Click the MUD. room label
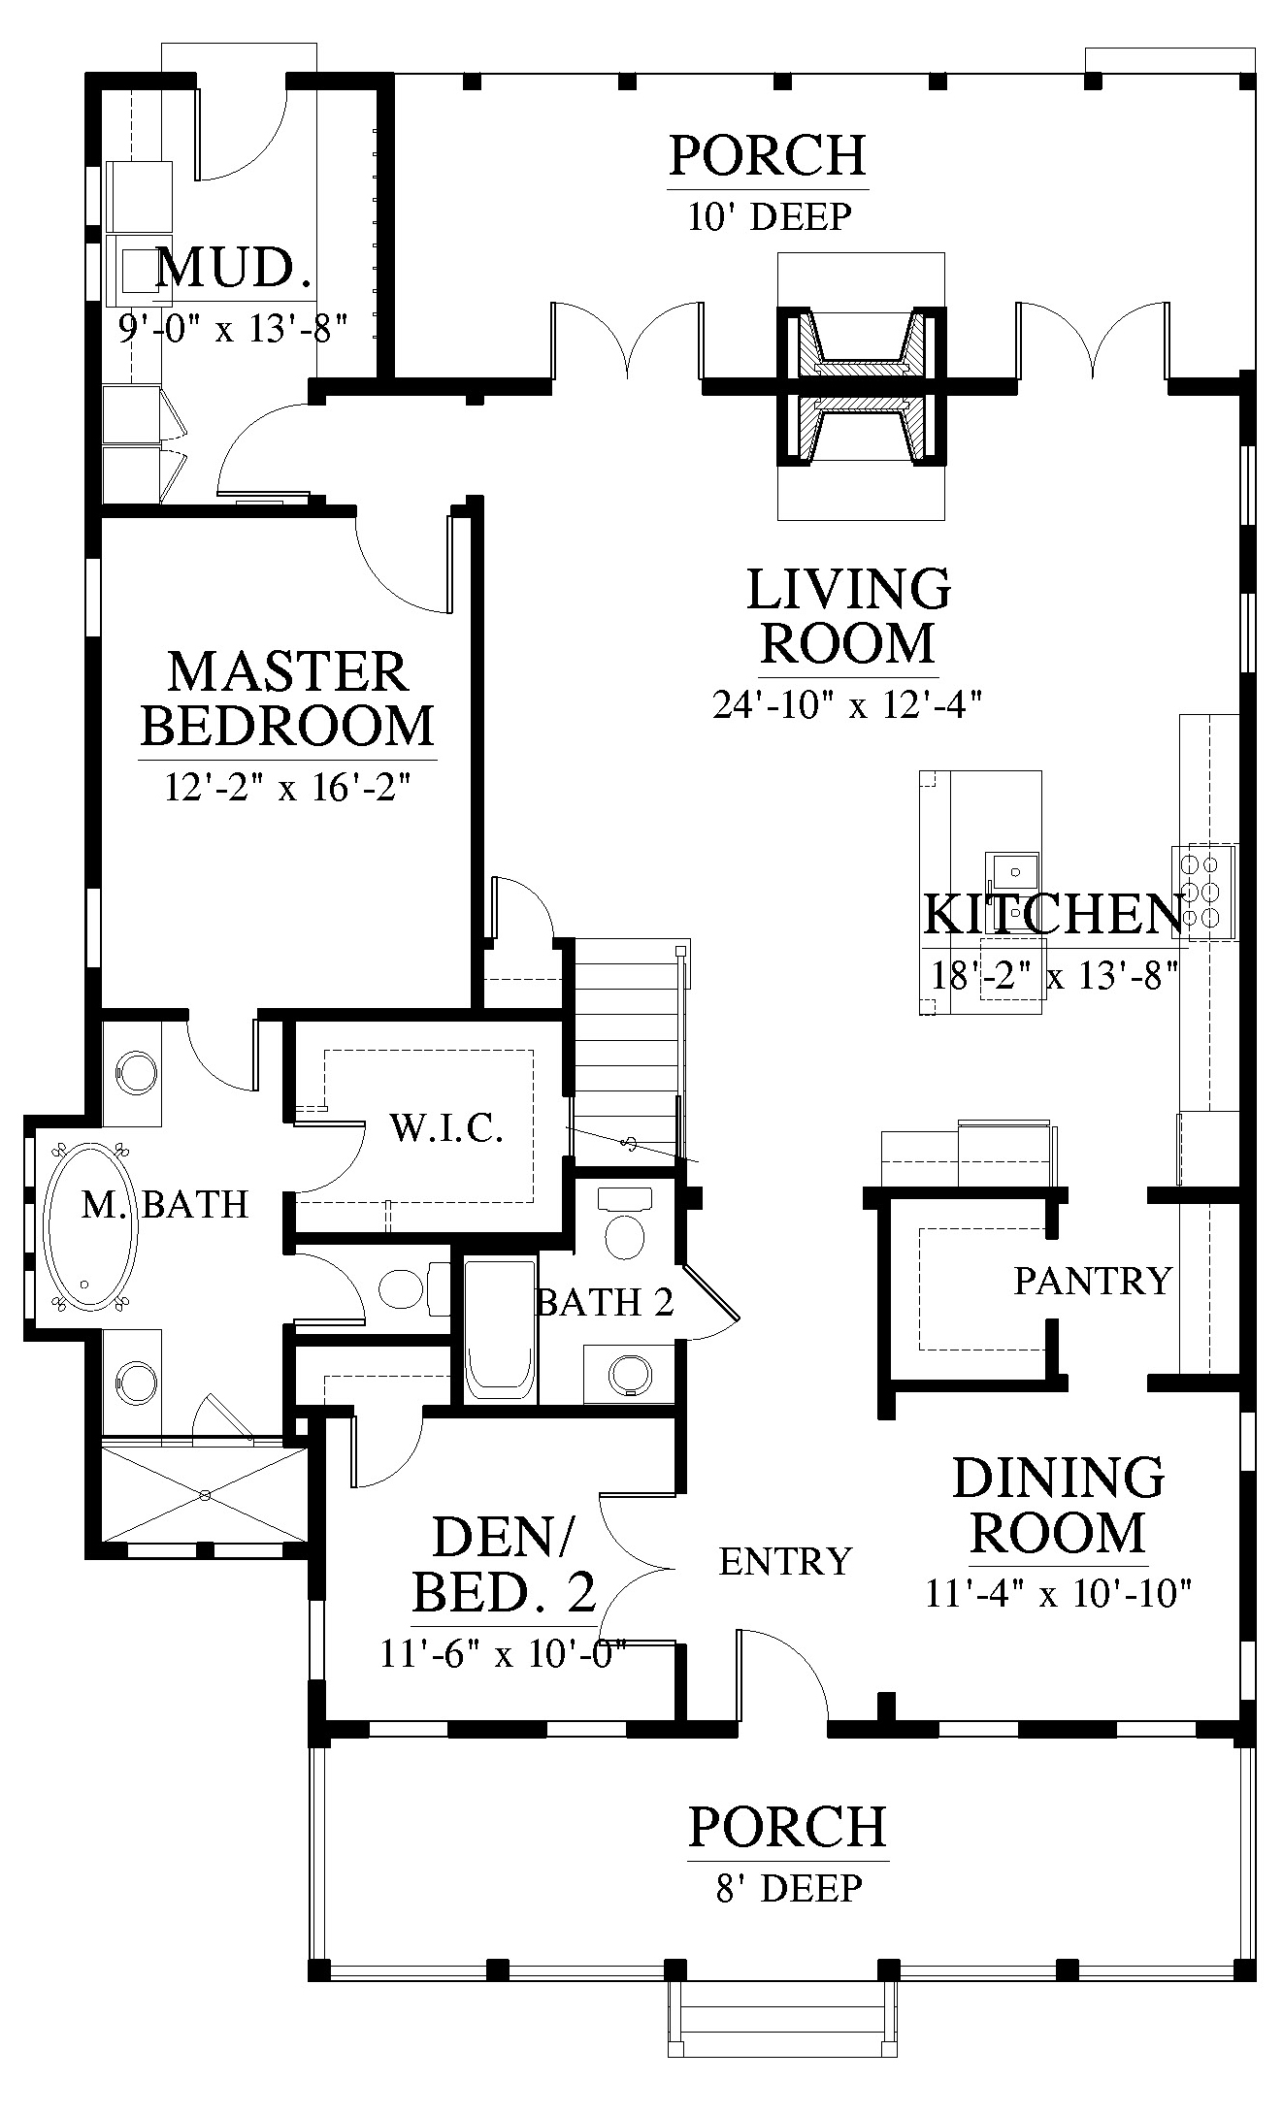click(234, 269)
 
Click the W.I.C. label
click(446, 1128)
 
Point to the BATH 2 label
click(605, 1301)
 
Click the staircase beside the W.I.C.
click(627, 1048)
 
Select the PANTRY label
click(1094, 1281)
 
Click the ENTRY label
click(785, 1561)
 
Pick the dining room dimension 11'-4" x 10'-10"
click(1058, 1594)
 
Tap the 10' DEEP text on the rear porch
click(770, 216)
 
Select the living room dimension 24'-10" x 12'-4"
click(848, 703)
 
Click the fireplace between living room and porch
click(861, 387)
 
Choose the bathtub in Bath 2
click(500, 1328)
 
